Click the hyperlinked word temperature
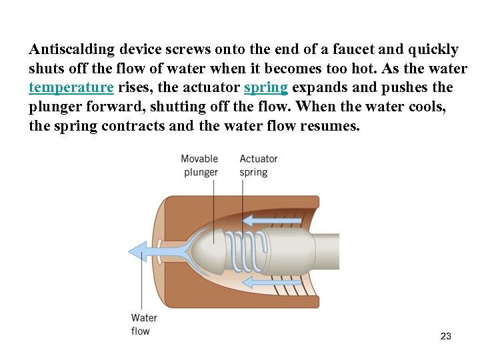(71, 87)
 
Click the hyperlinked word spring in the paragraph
(265, 87)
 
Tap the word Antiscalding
(73, 49)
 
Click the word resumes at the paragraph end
(329, 125)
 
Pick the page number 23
(446, 336)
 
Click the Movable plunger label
(200, 165)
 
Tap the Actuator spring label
(258, 165)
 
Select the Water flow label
(143, 325)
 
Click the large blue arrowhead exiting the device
(139, 251)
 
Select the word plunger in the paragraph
(57, 106)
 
